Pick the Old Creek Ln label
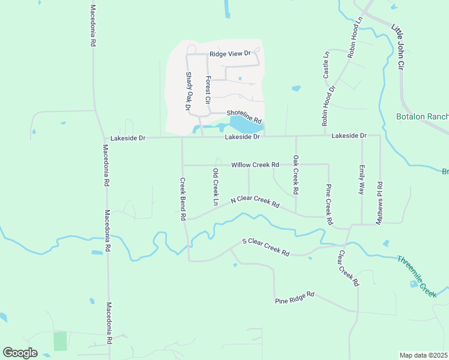[215, 187]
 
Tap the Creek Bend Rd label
[182, 199]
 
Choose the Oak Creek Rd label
[295, 175]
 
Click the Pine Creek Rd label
[329, 204]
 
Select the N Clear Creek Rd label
[256, 201]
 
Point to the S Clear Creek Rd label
[265, 247]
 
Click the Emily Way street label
[361, 179]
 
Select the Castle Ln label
[327, 65]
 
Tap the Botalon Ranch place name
[422, 116]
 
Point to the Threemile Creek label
[416, 275]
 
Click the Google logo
[20, 353]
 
